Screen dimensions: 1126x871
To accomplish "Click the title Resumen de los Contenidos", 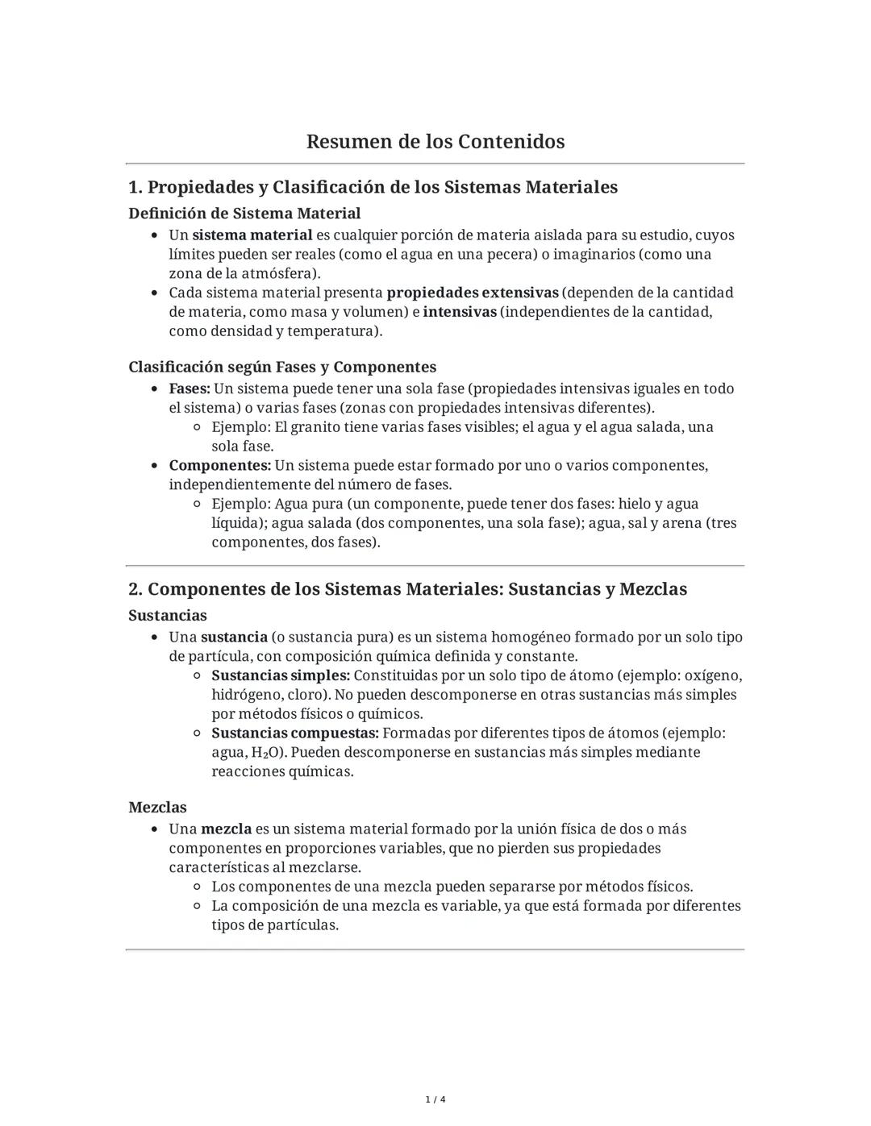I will point(435,142).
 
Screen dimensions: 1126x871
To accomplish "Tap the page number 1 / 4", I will point(435,1099).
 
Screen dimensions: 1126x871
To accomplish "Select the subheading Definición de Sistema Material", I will point(244,214).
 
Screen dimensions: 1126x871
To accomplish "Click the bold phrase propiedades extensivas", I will point(473,293).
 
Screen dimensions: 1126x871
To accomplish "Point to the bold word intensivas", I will point(460,312).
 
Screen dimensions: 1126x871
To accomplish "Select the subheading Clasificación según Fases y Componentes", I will point(282,367).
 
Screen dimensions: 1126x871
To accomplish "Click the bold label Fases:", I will point(190,388).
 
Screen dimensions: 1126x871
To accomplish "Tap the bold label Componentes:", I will point(220,466).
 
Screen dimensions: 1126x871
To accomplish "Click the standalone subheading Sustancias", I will point(168,616).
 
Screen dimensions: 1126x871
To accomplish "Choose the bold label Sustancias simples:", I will point(281,675).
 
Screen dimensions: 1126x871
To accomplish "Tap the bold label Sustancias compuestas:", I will point(295,733).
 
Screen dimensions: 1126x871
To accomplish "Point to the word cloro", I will point(306,695).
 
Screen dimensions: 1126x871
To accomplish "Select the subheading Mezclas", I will point(157,808).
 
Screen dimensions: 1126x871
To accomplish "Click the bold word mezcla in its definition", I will point(226,829).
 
